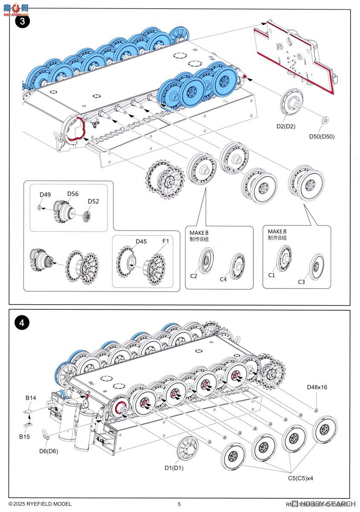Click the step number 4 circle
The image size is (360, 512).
(22, 323)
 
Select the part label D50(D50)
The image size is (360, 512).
(322, 137)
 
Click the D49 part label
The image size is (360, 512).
(45, 195)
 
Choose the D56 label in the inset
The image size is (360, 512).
(73, 193)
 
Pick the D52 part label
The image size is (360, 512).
(93, 201)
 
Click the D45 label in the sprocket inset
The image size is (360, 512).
(141, 241)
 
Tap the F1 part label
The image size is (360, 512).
(165, 241)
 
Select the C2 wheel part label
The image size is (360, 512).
(193, 276)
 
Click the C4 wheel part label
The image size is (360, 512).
(223, 279)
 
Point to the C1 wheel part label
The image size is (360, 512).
(272, 275)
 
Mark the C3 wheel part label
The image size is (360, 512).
(301, 282)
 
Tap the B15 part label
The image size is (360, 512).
(25, 436)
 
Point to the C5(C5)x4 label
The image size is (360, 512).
(300, 478)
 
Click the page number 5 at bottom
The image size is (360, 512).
(179, 504)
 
